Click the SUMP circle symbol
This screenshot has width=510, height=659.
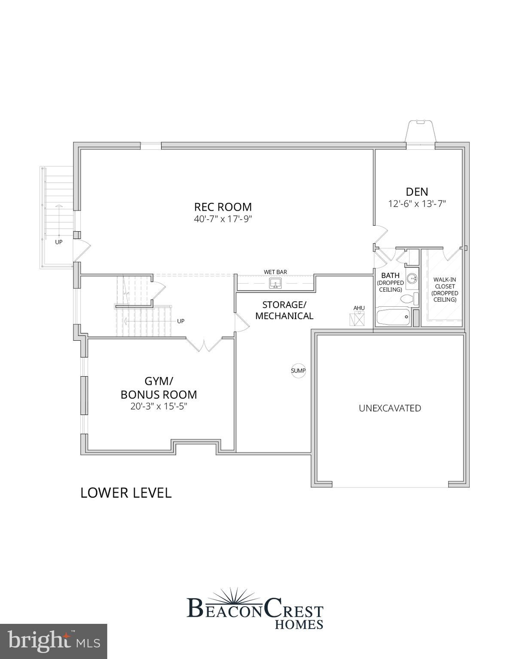pyautogui.click(x=298, y=371)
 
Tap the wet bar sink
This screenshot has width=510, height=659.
pyautogui.click(x=276, y=283)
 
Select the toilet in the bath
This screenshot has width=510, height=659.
pyautogui.click(x=409, y=299)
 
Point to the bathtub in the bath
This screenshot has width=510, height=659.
pyautogui.click(x=393, y=317)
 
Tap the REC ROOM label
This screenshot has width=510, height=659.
pyautogui.click(x=223, y=207)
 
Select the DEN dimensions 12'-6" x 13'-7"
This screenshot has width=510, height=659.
pyautogui.click(x=417, y=203)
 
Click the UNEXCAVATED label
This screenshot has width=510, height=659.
pyautogui.click(x=390, y=408)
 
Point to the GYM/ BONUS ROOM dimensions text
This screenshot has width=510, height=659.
pyautogui.click(x=159, y=406)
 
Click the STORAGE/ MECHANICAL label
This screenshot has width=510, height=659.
pyautogui.click(x=284, y=310)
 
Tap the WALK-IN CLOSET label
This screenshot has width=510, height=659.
pyautogui.click(x=445, y=289)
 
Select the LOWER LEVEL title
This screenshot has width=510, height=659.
pyautogui.click(x=126, y=493)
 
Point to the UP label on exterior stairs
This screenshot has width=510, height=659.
pyautogui.click(x=58, y=242)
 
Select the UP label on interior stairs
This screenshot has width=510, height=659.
pyautogui.click(x=180, y=321)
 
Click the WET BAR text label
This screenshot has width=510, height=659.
pyautogui.click(x=275, y=272)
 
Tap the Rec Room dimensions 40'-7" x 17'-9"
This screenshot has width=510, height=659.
pyautogui.click(x=223, y=219)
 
